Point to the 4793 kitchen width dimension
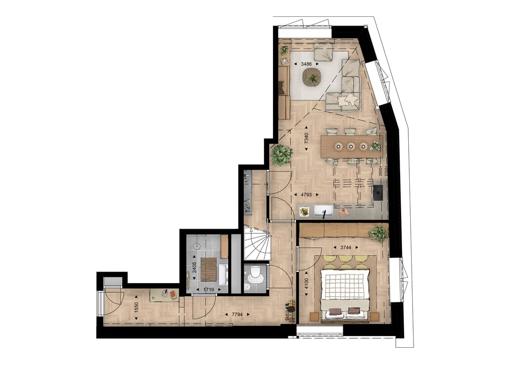306,195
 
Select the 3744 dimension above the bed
345,247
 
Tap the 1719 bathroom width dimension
208,290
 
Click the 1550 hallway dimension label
137,308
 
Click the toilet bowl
255,274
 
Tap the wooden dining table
351,146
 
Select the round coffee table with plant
312,77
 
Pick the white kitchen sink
323,211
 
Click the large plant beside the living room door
281,155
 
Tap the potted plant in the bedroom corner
378,233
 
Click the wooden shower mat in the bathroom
209,269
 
